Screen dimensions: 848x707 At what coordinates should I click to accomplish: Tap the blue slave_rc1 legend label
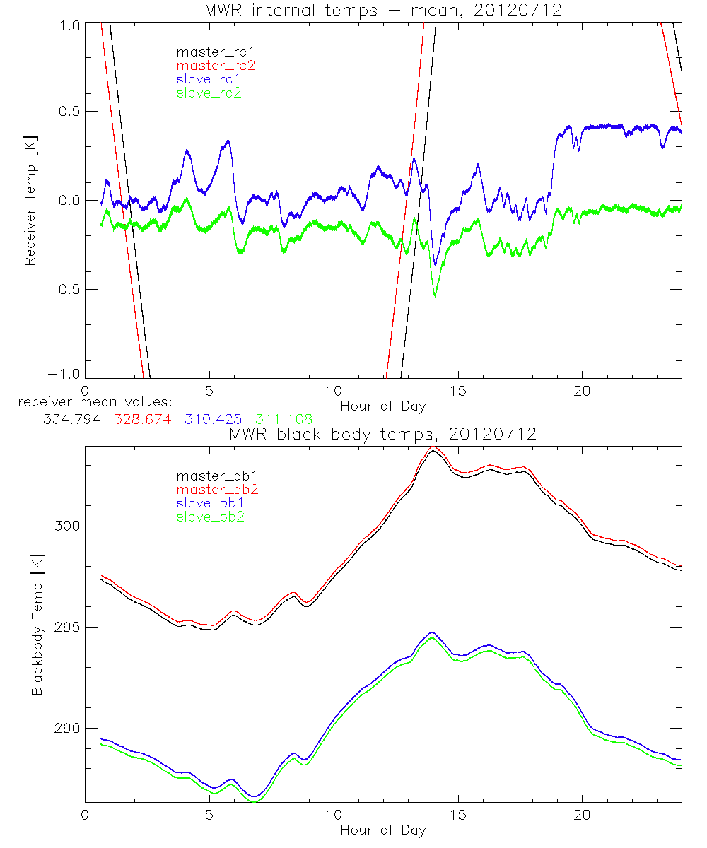(209, 79)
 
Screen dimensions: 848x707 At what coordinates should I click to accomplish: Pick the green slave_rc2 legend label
(209, 93)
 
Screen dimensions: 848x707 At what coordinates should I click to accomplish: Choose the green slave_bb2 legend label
(209, 517)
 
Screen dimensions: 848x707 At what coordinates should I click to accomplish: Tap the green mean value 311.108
(279, 418)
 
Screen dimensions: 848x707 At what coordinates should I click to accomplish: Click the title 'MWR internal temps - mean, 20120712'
(382, 10)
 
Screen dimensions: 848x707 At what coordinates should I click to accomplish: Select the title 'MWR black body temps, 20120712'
(382, 434)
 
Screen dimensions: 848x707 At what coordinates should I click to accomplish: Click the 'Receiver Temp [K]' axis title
(30, 201)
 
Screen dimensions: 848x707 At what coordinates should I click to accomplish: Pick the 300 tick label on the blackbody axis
(65, 526)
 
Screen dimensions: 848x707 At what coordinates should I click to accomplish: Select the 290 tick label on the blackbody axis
(65, 729)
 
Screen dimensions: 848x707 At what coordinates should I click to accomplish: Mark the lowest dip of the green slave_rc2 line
(435, 295)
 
